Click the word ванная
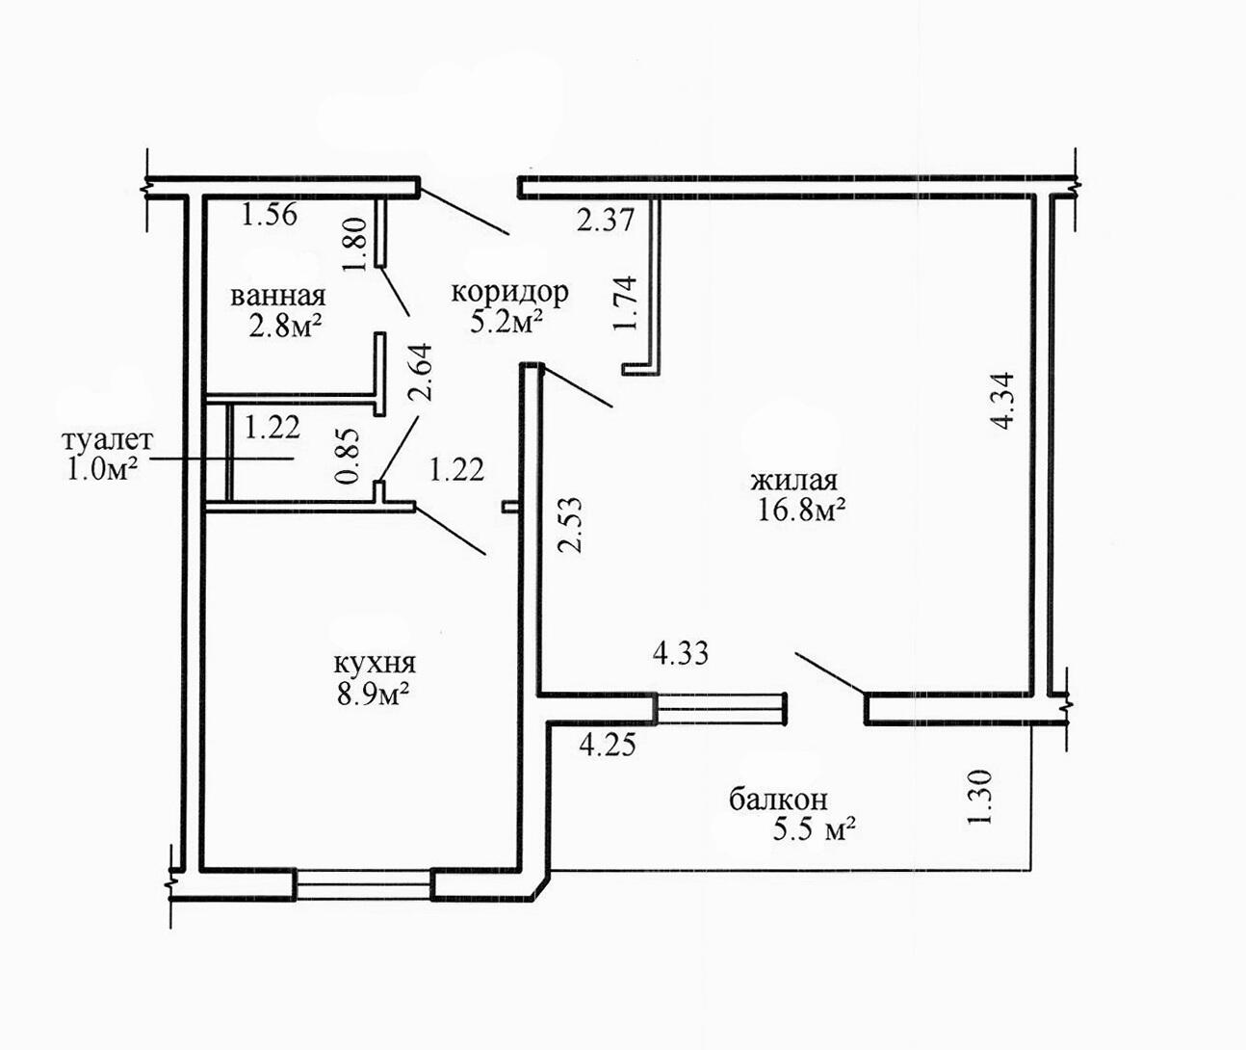(x=278, y=296)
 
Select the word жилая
(x=794, y=481)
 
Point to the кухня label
(x=375, y=664)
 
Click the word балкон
(x=778, y=800)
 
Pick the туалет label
(x=108, y=441)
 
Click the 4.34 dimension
(x=1002, y=401)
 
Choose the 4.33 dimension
(x=680, y=653)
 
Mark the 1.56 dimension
(x=269, y=214)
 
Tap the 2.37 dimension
(x=605, y=221)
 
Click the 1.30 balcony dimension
(x=980, y=797)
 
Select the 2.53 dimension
(x=569, y=525)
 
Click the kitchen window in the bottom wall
(x=363, y=884)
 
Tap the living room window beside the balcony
(x=721, y=709)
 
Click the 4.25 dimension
(x=608, y=746)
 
